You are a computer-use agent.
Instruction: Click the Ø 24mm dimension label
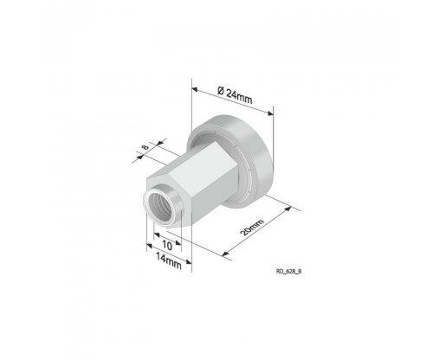235,95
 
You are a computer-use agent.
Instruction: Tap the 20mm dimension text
252,228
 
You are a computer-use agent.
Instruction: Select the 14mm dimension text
169,261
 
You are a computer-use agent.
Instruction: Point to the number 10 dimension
167,245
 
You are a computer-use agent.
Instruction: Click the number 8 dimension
145,147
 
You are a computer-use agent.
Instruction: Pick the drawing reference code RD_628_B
289,272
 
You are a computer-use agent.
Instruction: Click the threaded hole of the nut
160,207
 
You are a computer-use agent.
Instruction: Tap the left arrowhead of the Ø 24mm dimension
195,90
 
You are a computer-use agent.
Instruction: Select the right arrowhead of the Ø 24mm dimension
270,113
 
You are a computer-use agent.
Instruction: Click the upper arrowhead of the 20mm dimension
288,209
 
